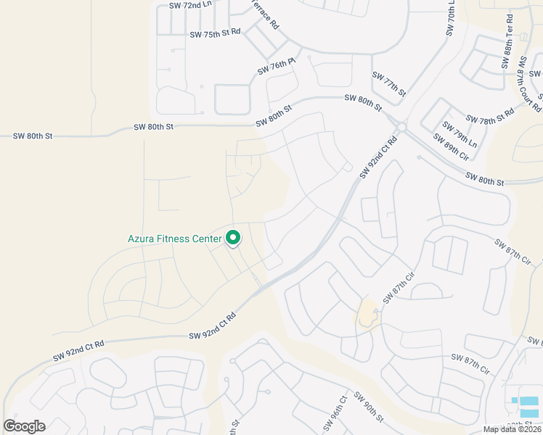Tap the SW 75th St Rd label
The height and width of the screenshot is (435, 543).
[215, 33]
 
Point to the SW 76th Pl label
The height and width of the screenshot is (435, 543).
[277, 69]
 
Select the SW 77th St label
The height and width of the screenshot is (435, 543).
[388, 84]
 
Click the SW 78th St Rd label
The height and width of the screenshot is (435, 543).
[489, 115]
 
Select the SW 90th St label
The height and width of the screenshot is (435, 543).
[369, 407]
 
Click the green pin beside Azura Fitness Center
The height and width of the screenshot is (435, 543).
[233, 238]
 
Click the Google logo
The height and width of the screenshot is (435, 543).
[24, 426]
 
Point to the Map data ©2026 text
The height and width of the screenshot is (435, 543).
[511, 428]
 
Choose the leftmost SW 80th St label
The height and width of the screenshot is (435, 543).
[33, 136]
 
